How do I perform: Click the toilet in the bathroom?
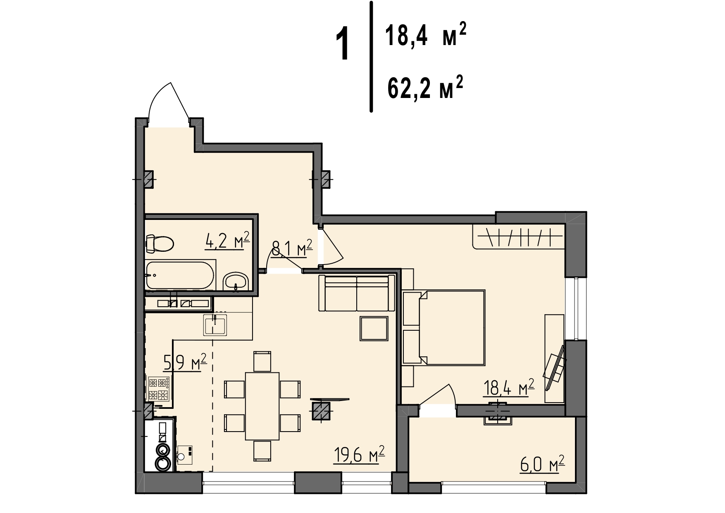pyautogui.click(x=160, y=244)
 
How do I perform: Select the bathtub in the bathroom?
pyautogui.click(x=180, y=275)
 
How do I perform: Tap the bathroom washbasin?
pyautogui.click(x=235, y=282)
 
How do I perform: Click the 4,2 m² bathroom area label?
pyautogui.click(x=227, y=241)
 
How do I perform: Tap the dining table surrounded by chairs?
pyautogui.click(x=262, y=406)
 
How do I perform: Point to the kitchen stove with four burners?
pyautogui.click(x=159, y=389)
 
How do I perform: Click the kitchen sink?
pyautogui.click(x=215, y=325)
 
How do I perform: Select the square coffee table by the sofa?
pyautogui.click(x=374, y=329)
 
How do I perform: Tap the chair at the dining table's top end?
pyautogui.click(x=262, y=361)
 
